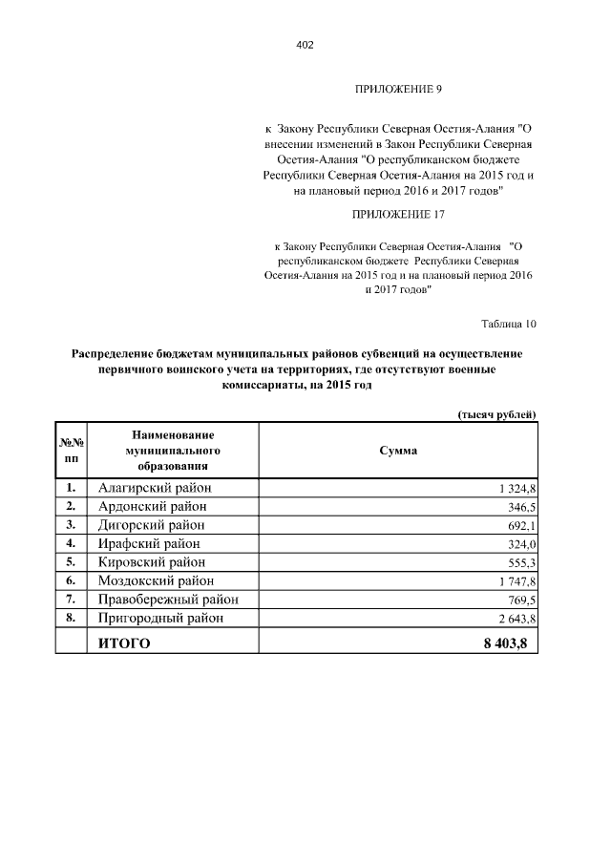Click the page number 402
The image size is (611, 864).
[x=305, y=45]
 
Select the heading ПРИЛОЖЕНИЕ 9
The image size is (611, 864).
[x=398, y=90]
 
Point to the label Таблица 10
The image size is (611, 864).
[x=508, y=324]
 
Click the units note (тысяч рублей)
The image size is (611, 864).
[x=494, y=413]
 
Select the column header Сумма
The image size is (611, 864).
[x=398, y=450]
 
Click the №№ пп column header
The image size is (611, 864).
[x=71, y=450]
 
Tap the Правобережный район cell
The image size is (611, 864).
[x=168, y=600]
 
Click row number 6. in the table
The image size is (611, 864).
[x=71, y=580]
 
